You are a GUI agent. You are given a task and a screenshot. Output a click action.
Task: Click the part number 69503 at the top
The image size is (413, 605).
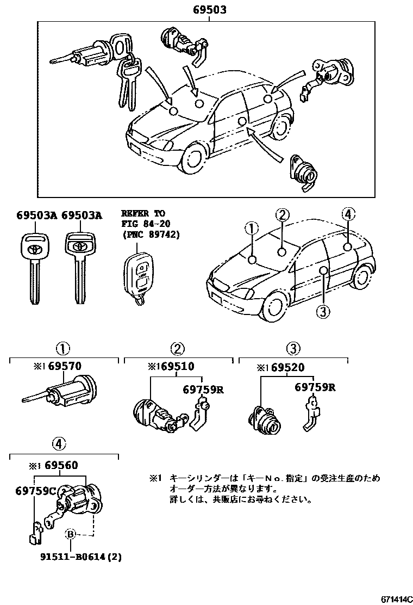[x=208, y=9]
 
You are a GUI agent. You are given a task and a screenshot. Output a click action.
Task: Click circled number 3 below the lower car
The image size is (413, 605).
[x=323, y=311]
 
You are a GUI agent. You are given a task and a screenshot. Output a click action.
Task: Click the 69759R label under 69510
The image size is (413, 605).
[x=203, y=389]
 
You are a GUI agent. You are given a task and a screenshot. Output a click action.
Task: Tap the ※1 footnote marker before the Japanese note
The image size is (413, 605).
[x=155, y=478]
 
